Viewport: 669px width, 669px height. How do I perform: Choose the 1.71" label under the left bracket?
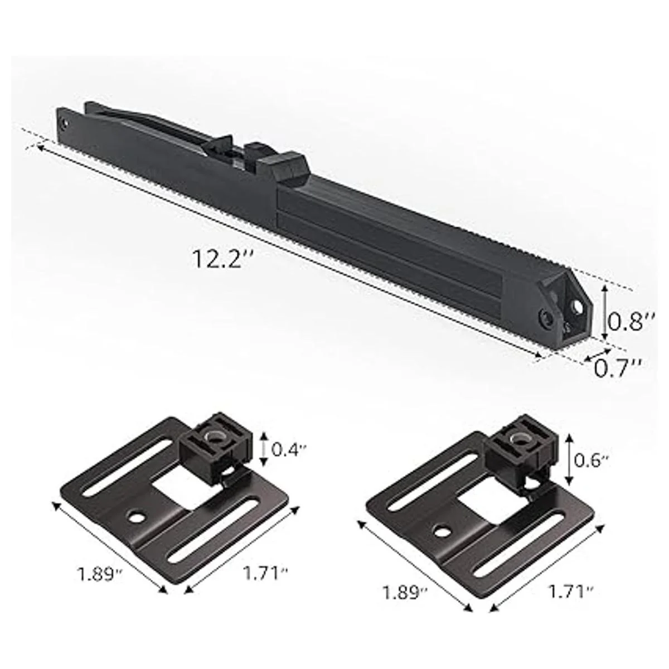pos(265,573)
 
